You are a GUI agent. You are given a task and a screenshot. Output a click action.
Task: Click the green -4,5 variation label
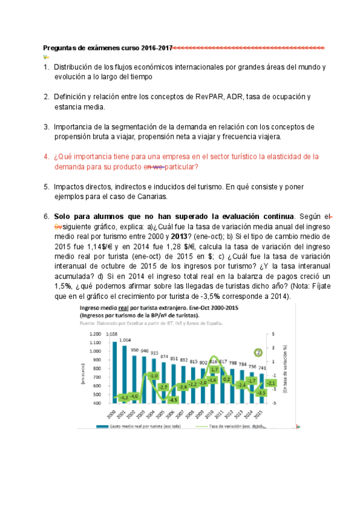pos(172,399)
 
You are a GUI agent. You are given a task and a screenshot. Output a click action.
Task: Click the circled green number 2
pos(259,352)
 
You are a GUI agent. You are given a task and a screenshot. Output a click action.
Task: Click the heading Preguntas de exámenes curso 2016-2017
pos(108,47)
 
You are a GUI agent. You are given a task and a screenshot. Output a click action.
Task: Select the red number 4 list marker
pos(46,156)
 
